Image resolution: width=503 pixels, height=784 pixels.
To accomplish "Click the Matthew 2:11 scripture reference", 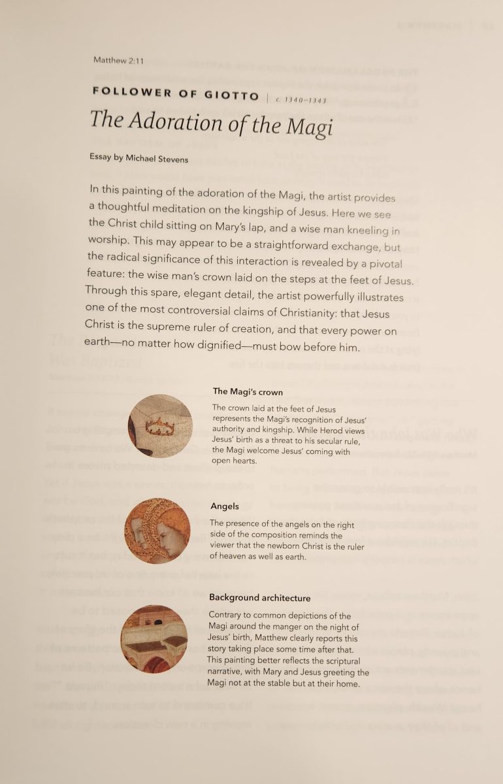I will point(118,60).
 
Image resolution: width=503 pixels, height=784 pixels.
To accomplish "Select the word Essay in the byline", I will point(101,157).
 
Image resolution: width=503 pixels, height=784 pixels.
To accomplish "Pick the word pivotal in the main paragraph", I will point(385,263).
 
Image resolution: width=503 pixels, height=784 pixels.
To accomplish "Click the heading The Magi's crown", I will point(248,392).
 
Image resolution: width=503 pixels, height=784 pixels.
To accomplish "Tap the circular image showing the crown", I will point(160,425).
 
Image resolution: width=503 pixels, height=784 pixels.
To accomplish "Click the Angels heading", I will point(225,506).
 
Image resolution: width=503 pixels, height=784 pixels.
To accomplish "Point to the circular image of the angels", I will point(157,531).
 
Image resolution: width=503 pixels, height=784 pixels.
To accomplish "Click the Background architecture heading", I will point(259,598).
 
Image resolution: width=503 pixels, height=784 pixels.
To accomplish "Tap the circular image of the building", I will point(154,638).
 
